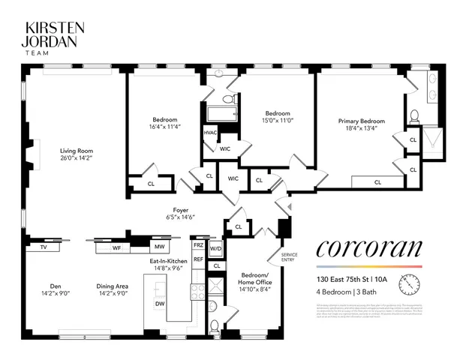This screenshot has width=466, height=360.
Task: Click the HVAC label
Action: (210, 133)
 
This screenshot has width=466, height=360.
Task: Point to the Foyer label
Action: (180, 210)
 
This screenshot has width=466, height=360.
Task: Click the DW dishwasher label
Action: (159, 304)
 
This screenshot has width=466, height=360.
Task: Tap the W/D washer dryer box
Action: (216, 248)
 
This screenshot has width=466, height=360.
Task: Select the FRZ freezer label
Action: (198, 245)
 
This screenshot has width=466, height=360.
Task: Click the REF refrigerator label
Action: (198, 259)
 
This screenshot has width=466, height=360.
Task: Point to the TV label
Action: (43, 247)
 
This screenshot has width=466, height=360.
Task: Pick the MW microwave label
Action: (159, 247)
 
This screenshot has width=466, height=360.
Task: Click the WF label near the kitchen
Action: (116, 247)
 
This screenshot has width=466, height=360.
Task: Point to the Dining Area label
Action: (113, 285)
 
